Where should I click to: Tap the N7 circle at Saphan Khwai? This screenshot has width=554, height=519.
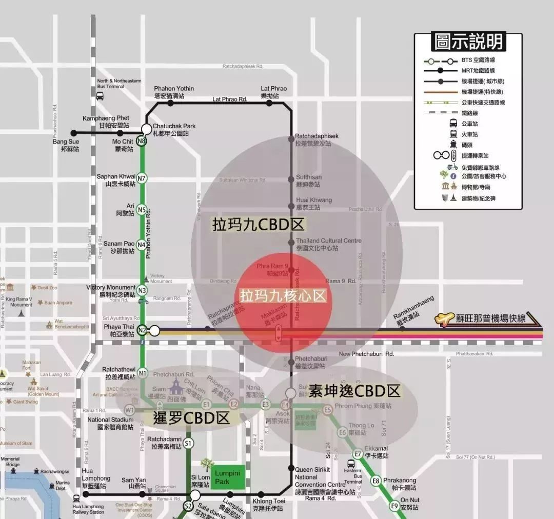tap(142, 178)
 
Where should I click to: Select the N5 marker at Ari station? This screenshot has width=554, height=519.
tap(142, 209)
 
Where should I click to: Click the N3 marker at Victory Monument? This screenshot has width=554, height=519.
tap(142, 290)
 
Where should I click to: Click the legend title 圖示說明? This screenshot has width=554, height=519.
tap(468, 42)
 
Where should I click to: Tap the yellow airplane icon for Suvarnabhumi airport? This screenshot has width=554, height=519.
tap(444, 319)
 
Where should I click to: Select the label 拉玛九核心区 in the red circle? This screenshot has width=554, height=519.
tap(283, 296)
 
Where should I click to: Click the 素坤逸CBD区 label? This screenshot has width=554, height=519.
tap(354, 391)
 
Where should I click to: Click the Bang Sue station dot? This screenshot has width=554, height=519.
tap(73, 133)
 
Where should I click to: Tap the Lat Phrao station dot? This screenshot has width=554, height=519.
tap(269, 103)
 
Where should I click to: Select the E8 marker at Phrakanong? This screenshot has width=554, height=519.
tap(376, 481)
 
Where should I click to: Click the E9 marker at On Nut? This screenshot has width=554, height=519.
tap(394, 506)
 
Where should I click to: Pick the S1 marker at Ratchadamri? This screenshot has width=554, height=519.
tap(188, 443)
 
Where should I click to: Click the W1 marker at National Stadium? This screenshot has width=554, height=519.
tap(129, 410)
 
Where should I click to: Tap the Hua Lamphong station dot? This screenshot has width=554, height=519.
tap(86, 494)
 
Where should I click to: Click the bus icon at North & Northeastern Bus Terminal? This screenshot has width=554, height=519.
tap(100, 96)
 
